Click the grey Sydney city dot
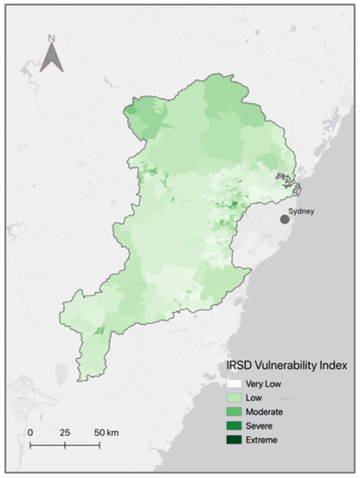click(x=284, y=220)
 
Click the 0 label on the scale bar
click(x=30, y=431)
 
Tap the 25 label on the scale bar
click(x=64, y=431)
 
